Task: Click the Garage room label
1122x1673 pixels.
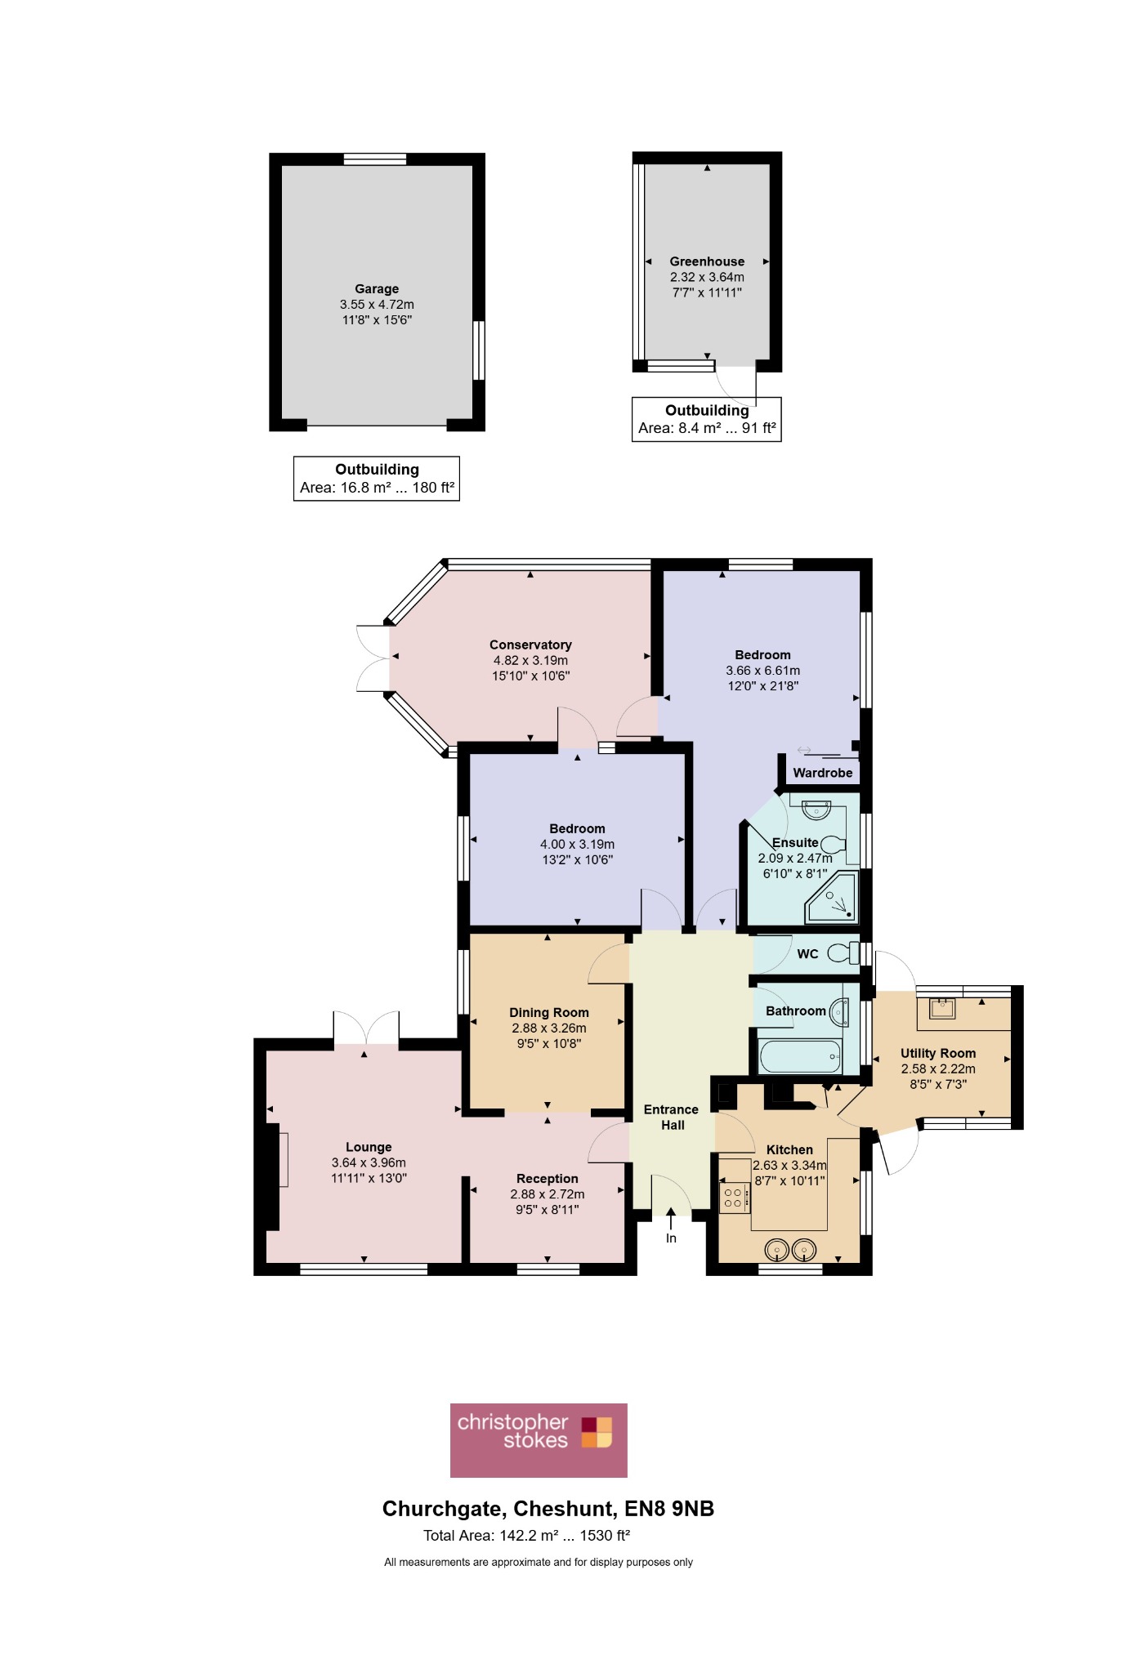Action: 377,288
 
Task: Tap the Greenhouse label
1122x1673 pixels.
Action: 707,261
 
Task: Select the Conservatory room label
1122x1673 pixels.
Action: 530,645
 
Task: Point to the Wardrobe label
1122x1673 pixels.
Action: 822,773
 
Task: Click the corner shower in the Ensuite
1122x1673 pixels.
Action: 831,897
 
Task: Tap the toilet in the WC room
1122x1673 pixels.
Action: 843,952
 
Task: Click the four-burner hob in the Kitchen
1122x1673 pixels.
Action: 733,1198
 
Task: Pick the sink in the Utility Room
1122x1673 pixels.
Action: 942,1007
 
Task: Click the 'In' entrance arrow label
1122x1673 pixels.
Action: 671,1238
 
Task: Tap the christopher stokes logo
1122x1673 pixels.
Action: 539,1440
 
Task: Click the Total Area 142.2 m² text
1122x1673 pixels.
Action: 526,1536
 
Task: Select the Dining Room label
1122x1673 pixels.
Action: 549,1012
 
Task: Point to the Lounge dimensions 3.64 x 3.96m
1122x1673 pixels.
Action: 369,1162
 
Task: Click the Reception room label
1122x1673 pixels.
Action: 548,1179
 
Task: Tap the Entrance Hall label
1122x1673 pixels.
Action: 672,1117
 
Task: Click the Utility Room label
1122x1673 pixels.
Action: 938,1053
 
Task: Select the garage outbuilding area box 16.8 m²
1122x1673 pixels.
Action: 377,479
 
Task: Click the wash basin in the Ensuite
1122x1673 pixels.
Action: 816,810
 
